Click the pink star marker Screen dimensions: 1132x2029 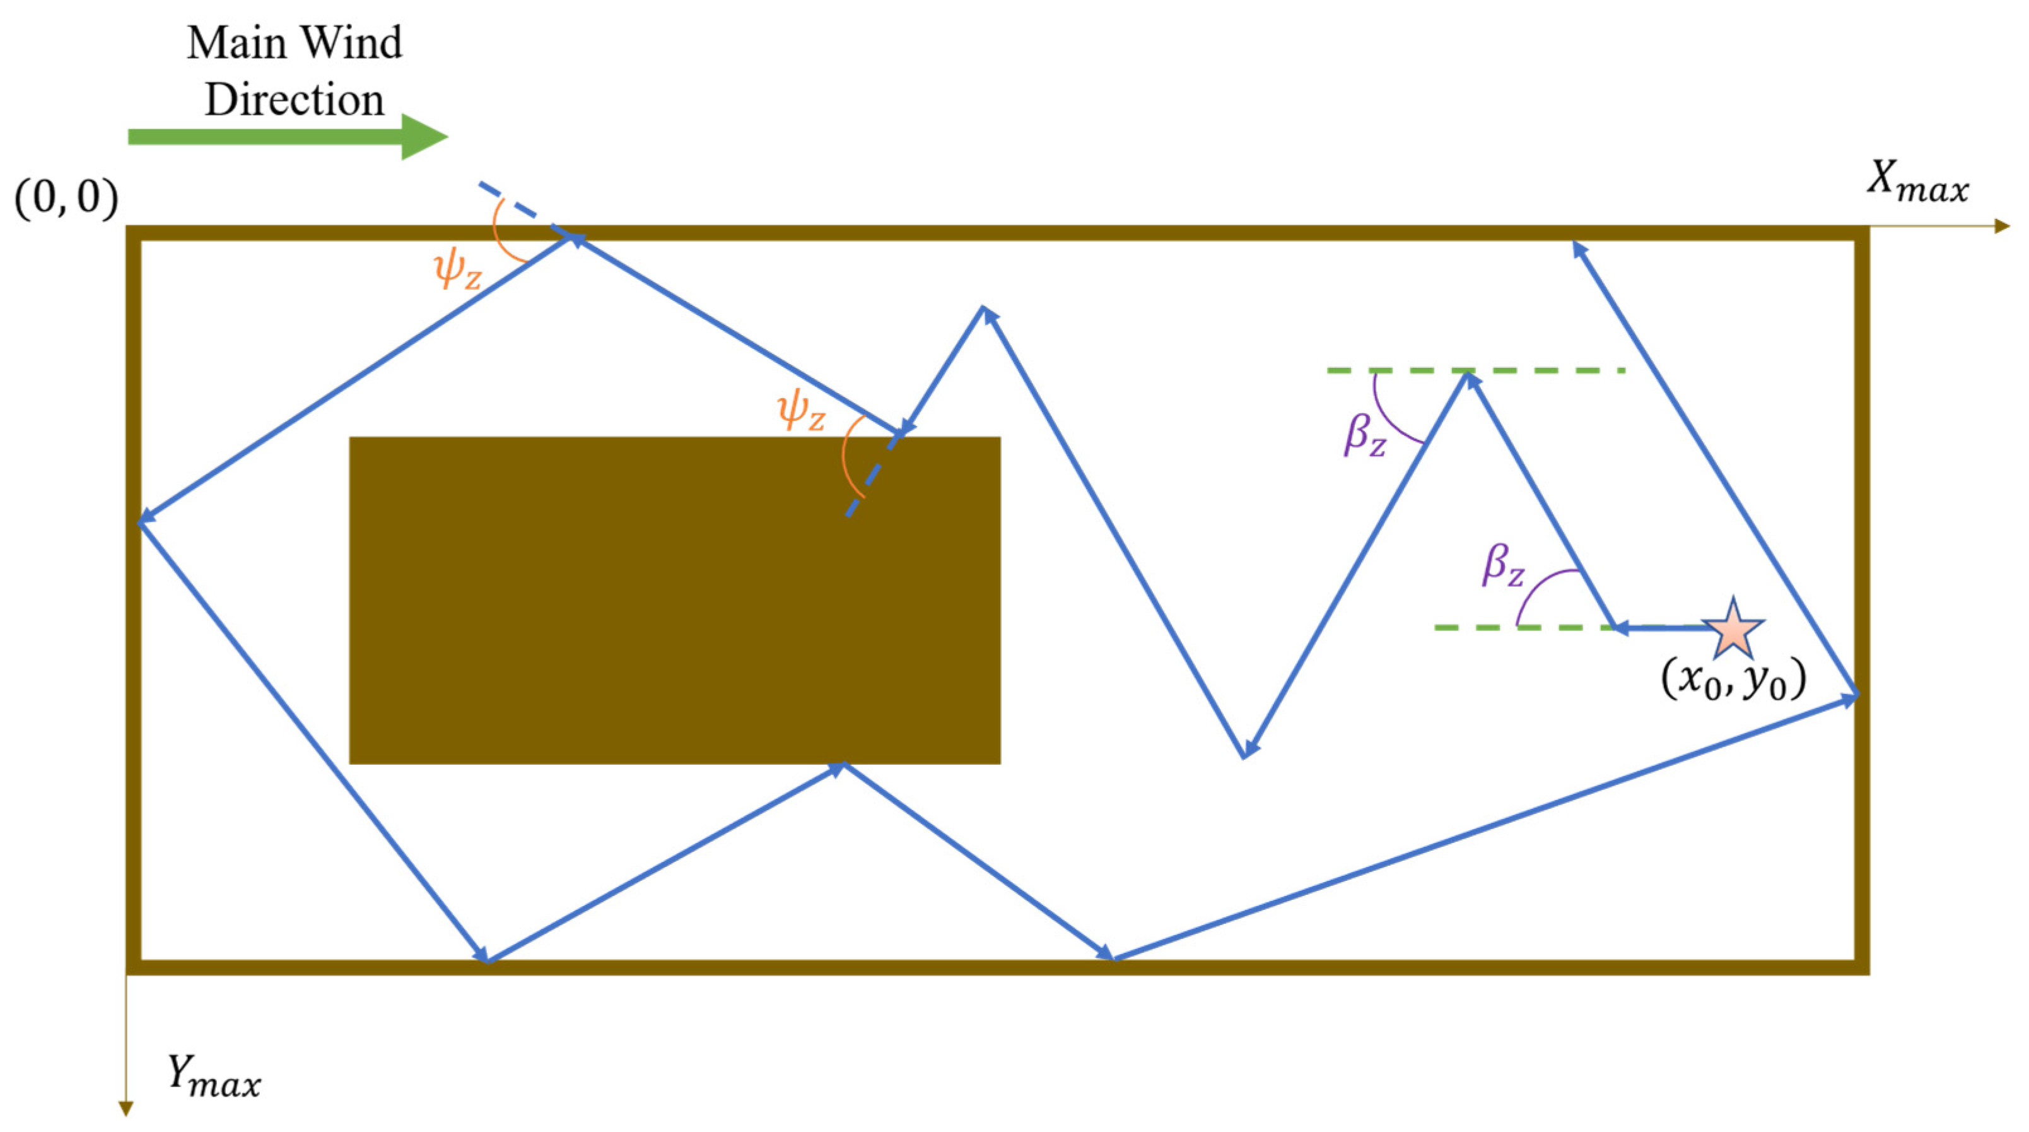1733,628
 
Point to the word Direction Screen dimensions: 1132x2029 294,100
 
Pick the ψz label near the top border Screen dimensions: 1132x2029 458,270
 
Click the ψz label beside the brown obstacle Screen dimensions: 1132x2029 801,412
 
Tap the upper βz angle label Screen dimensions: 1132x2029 1365,435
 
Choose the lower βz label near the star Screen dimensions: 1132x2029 1503,565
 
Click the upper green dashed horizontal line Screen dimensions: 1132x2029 1544,370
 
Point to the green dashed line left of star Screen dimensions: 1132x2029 1520,628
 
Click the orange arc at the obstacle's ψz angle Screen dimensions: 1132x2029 846,457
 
